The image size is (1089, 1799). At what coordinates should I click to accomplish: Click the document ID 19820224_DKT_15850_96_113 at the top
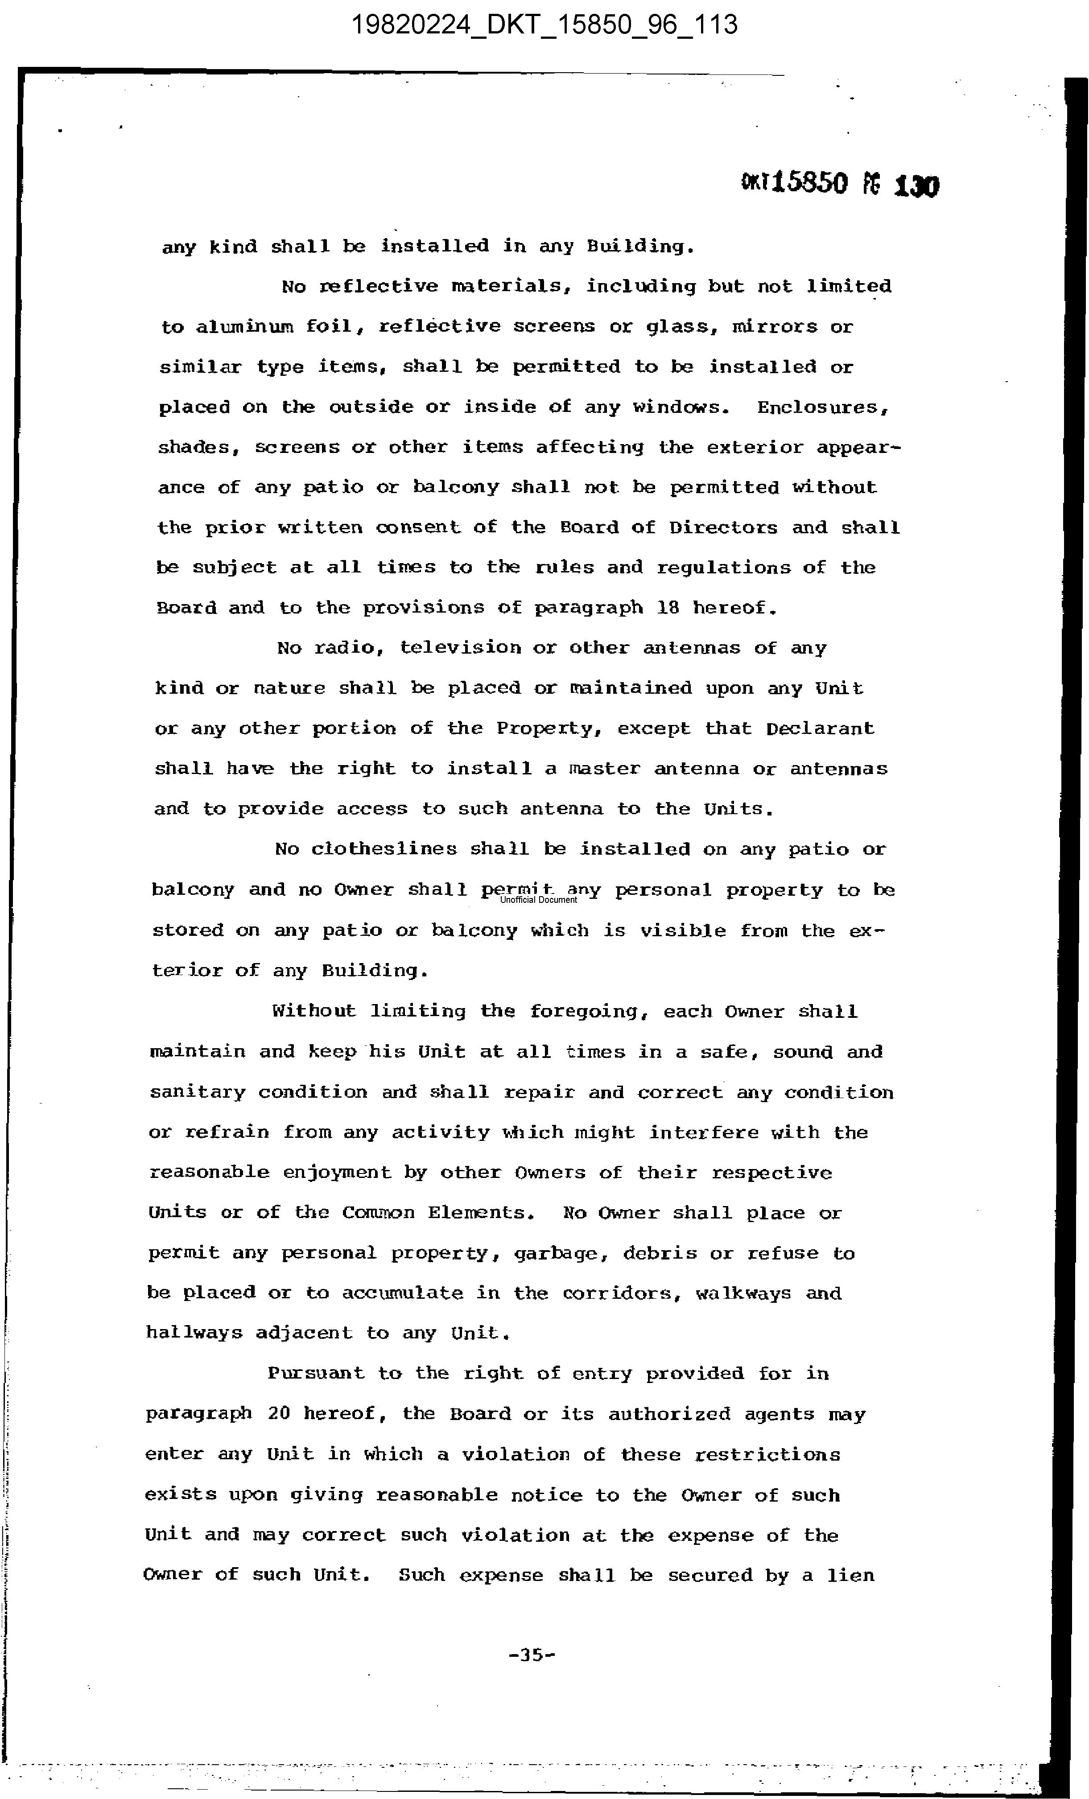pyautogui.click(x=544, y=25)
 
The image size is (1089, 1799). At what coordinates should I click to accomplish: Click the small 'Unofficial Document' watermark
pyautogui.click(x=538, y=900)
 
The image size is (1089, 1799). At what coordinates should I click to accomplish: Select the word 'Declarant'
pyautogui.click(x=820, y=728)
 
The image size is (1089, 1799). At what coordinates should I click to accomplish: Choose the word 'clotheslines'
pyautogui.click(x=384, y=849)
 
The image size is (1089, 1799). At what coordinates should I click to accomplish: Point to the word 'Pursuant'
pyautogui.click(x=316, y=1373)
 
